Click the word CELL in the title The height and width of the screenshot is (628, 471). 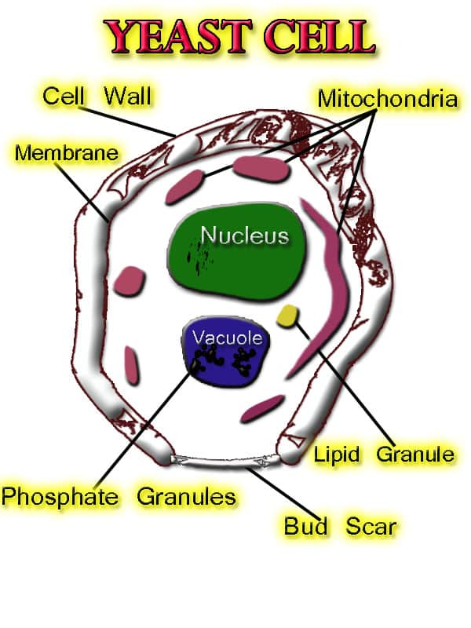coord(314,36)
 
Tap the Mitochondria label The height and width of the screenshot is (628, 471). coord(387,99)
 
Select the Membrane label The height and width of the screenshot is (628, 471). coord(66,152)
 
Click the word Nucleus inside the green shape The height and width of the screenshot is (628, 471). coord(244,235)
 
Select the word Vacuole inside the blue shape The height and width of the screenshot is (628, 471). coord(227,338)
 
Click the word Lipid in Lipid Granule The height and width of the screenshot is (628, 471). coord(338,454)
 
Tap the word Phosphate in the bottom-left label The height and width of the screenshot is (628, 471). coord(60,496)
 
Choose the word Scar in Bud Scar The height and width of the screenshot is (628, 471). coord(371,525)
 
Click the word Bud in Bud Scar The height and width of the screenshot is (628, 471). coord(306,525)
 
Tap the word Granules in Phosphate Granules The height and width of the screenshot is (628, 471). coord(187,496)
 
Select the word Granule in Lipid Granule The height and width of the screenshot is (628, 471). coord(416,454)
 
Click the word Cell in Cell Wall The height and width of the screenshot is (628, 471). coord(63,97)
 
